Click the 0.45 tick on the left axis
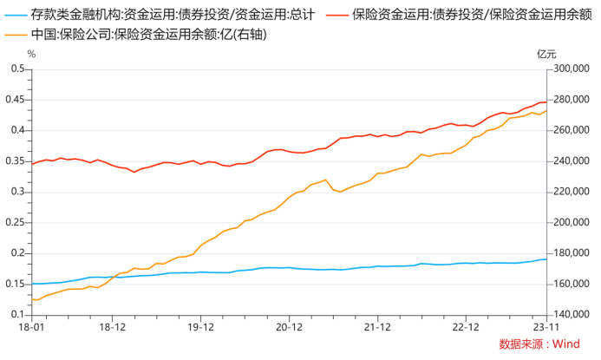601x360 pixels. coord(16,100)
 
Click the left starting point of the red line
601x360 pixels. coord(32,163)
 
